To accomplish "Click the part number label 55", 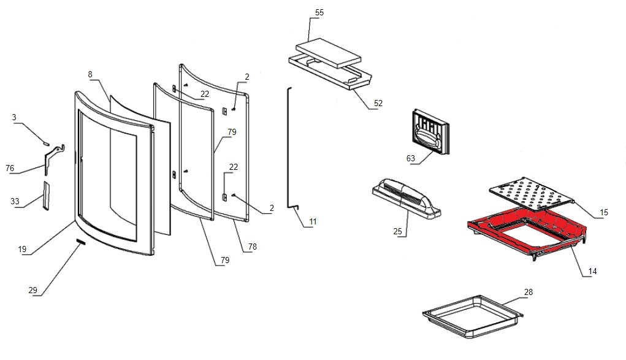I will coord(319,12).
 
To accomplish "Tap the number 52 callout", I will coord(378,103).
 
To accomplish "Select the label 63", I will coord(410,158).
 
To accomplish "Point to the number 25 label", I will coord(397,231).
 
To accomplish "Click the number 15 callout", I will coord(604,213).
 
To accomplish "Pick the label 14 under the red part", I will coord(592,270).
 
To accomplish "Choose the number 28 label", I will coord(529,292).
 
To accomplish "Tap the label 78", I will coord(253,246).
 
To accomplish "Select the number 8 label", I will coord(90,74).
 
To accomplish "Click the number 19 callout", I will coord(23,249).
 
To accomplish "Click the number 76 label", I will coord(10,169).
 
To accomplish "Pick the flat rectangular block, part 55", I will coord(328,53).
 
